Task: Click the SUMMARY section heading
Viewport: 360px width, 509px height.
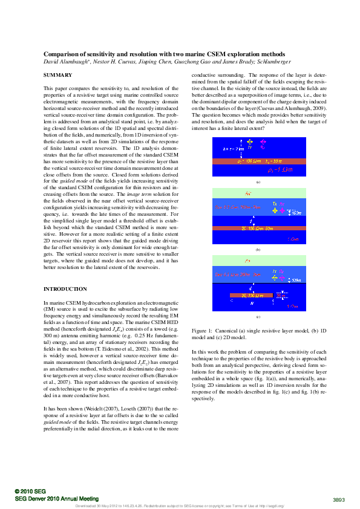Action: [57, 75]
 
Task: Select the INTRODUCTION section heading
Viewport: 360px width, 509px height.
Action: [65, 289]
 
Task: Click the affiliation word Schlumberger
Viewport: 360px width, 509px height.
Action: [273, 62]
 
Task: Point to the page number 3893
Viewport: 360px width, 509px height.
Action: [339, 499]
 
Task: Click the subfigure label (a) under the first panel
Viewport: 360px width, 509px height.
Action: [258, 181]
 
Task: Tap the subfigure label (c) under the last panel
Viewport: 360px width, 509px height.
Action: [258, 317]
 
